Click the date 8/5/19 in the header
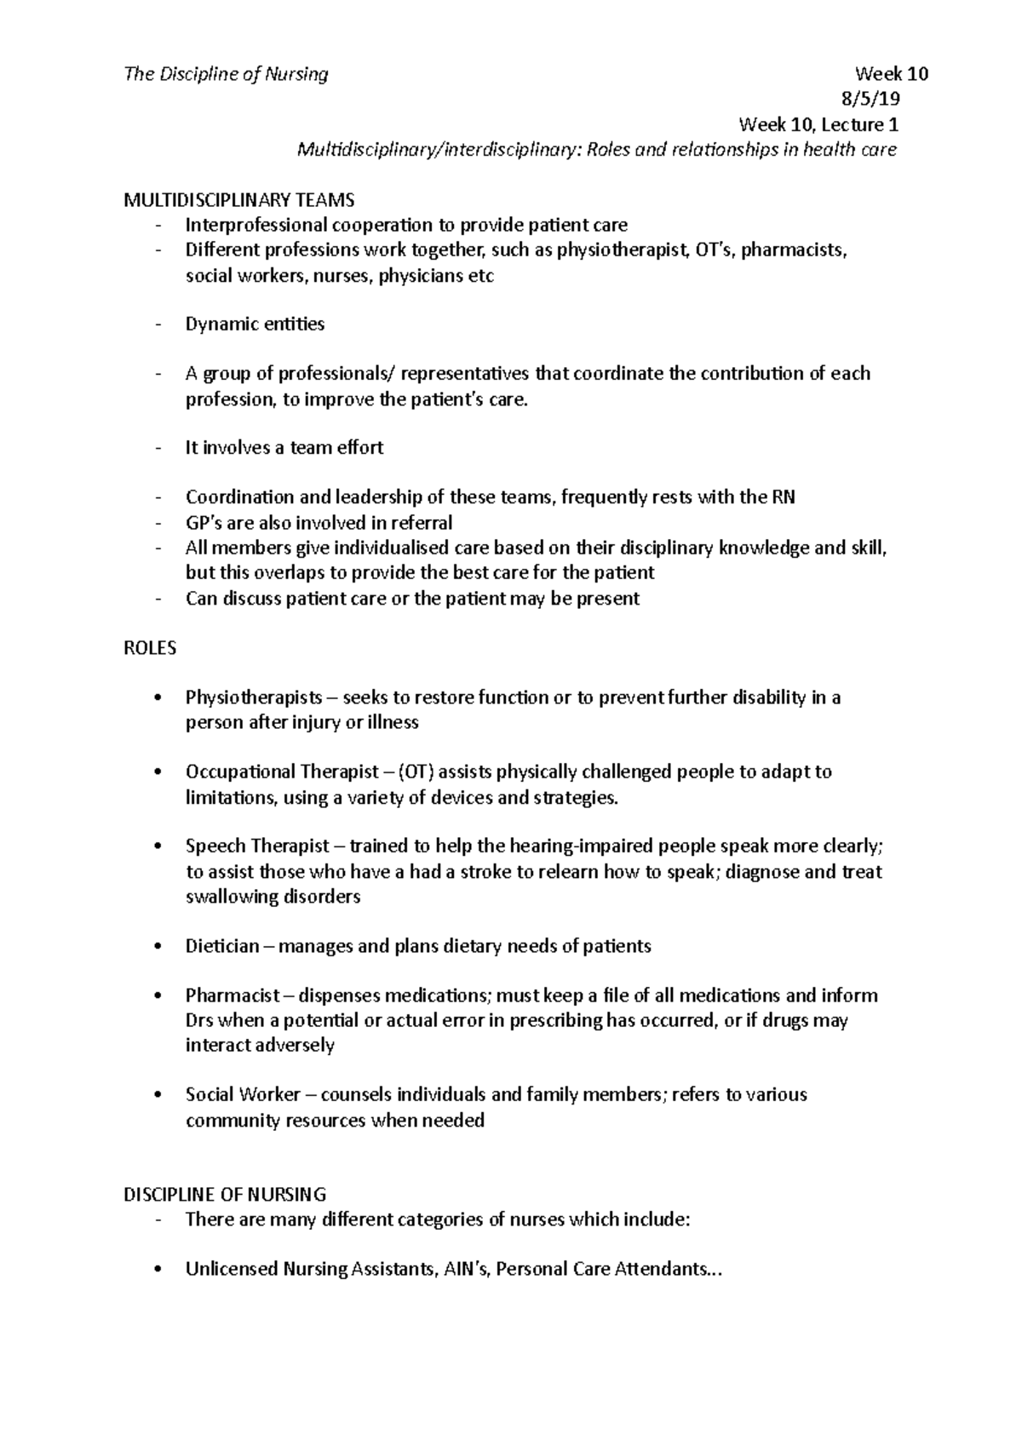click(x=870, y=99)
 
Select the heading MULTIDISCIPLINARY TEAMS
click(x=238, y=200)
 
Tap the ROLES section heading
click(x=150, y=648)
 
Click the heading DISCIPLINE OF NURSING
click(x=225, y=1195)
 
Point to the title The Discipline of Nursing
click(x=226, y=74)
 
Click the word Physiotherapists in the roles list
click(x=254, y=698)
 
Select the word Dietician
click(x=221, y=946)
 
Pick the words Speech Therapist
click(x=257, y=846)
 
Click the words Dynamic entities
click(x=255, y=324)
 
